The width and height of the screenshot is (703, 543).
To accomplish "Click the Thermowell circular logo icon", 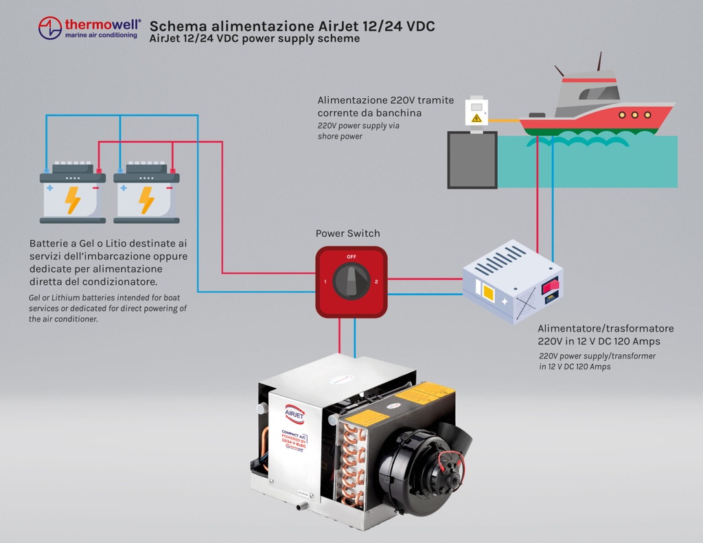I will [x=50, y=28].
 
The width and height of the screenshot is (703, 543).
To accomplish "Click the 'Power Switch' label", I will [x=347, y=233].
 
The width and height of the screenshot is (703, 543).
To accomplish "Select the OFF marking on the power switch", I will [x=351, y=257].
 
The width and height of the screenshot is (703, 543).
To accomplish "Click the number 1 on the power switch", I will [x=325, y=282].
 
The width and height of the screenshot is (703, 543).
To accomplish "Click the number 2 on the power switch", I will [x=377, y=282].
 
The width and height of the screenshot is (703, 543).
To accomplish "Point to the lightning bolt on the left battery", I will [x=72, y=200].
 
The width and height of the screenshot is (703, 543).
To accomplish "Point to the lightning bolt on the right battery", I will [x=146, y=200].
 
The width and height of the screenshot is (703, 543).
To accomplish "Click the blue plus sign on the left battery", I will [x=49, y=187].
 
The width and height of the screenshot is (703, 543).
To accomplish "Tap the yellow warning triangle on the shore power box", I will [x=476, y=117].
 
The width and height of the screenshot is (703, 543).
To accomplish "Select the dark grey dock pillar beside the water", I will [x=472, y=159].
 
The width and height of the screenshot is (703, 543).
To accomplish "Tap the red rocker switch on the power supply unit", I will [x=550, y=286].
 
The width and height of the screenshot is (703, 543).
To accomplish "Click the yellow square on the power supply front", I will [x=489, y=292].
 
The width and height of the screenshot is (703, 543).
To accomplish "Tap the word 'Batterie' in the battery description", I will [x=51, y=244].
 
